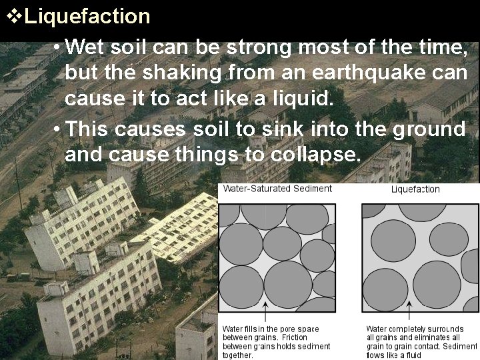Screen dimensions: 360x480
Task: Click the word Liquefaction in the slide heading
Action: click(87, 15)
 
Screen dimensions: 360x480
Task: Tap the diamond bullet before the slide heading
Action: click(13, 15)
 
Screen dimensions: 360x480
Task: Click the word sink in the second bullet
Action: click(316, 128)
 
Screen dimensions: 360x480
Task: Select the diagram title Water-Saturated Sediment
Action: click(277, 189)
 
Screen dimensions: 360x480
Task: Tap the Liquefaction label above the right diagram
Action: click(415, 189)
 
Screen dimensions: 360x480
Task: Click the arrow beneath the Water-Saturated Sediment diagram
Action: click(266, 313)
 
